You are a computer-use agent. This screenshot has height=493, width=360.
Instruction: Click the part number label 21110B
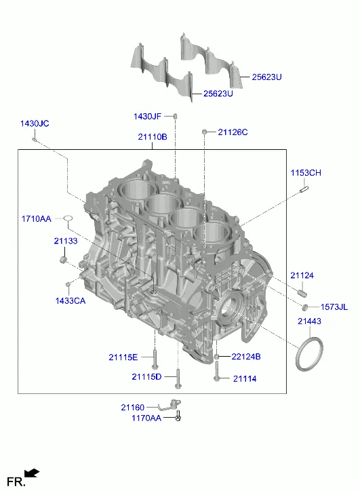[x=153, y=137]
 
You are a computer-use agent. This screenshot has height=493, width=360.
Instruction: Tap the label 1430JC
[x=35, y=123]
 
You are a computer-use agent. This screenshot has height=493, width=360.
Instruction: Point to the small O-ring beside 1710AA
[x=68, y=218]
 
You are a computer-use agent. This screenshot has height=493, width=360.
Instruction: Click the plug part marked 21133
[x=64, y=260]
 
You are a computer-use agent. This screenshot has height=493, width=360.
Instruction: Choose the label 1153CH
[x=306, y=173]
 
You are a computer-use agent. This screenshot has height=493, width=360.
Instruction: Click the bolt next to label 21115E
[x=155, y=359]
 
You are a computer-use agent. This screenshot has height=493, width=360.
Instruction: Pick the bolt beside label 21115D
[x=178, y=378]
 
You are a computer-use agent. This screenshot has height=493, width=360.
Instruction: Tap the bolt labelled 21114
[x=216, y=371]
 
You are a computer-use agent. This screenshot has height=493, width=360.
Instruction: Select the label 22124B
[x=246, y=357]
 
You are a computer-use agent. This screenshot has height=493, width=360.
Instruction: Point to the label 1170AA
[x=146, y=418]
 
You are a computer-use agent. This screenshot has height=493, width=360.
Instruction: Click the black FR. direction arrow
[x=32, y=473]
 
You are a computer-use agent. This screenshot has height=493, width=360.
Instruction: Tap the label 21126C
[x=233, y=132]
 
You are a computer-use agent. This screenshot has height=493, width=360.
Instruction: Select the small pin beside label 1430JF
[x=176, y=116]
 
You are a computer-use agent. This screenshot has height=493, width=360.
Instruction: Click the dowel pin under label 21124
[x=302, y=293]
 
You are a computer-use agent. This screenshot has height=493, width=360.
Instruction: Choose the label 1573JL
[x=334, y=307]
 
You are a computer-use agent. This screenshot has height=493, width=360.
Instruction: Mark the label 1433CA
[x=71, y=301]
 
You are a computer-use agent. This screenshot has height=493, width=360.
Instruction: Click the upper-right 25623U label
[x=266, y=77]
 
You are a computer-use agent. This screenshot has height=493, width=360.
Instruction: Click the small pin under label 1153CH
[x=304, y=189]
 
